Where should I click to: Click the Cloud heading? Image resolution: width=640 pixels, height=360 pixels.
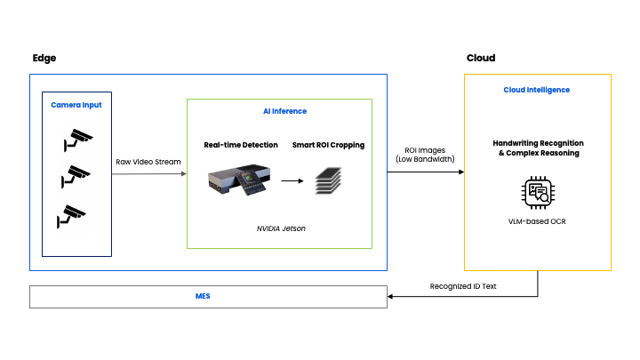point(481,59)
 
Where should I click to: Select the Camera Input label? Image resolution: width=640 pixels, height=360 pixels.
point(76,105)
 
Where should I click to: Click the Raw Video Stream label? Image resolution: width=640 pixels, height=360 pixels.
point(148,162)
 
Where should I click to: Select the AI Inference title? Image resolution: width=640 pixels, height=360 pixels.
point(284,111)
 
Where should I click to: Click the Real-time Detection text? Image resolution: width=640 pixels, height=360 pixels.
point(241,145)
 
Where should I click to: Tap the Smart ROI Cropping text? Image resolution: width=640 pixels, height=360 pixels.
point(328,145)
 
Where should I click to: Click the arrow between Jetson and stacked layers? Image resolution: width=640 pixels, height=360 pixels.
point(291,180)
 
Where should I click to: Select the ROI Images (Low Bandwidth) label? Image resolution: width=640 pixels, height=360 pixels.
point(425,153)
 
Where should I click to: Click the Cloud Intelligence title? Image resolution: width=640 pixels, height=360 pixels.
point(537,90)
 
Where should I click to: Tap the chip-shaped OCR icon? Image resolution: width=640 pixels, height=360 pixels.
point(537,192)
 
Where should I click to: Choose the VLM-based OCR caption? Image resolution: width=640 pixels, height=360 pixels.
point(537,221)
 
